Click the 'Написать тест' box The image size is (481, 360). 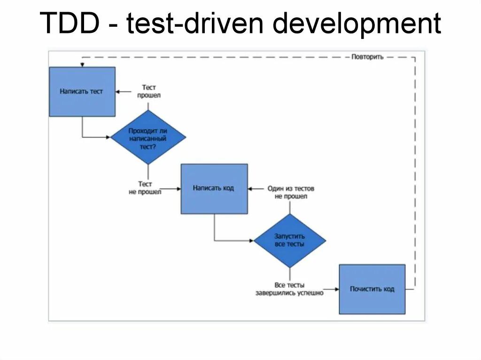coord(82,92)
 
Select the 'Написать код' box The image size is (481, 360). coord(214,189)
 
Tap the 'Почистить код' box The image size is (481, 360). coord(372,289)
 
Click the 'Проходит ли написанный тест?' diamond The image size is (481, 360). coord(148,138)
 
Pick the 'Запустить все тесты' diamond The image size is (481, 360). coord(290,241)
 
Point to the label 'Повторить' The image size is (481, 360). coord(367,57)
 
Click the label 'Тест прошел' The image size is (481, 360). coord(149,92)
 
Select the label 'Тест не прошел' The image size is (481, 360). coord(145,188)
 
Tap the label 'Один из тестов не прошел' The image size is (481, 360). coord(291,192)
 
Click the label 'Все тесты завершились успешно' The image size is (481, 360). coord(290,289)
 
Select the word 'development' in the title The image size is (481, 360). coord(357,24)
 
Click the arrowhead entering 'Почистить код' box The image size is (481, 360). coord(337,290)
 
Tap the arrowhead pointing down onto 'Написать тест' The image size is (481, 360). coord(82,65)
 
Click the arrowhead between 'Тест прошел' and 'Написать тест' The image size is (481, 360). coord(118,92)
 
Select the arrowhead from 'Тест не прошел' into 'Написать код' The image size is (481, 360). coord(179,189)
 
